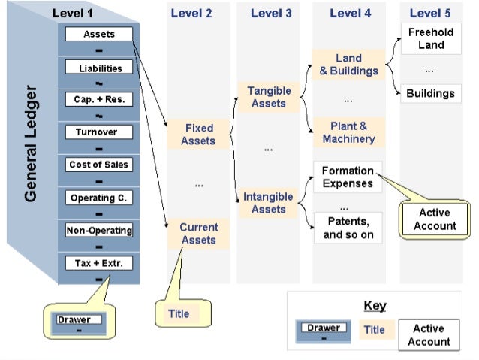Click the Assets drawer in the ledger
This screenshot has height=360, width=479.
[99, 34]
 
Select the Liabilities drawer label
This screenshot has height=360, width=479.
[100, 68]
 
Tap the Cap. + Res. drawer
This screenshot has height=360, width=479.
[100, 100]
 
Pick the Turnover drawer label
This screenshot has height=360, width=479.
[100, 132]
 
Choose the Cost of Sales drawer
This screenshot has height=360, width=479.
[100, 165]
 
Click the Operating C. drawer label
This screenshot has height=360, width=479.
[100, 198]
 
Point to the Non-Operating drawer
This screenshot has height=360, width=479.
[100, 231]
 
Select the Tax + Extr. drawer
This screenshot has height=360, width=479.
[100, 263]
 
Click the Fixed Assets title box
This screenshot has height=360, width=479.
[198, 135]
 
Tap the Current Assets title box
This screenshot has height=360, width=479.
[199, 234]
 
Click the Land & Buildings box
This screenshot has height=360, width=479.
[348, 65]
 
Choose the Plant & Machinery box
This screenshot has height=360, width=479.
[348, 132]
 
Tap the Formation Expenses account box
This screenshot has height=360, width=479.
[347, 177]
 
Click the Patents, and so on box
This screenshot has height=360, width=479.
[347, 228]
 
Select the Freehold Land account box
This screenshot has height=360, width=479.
[431, 38]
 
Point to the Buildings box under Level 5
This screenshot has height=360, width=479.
[430, 94]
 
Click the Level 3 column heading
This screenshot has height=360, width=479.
[271, 13]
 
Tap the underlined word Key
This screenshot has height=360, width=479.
[374, 306]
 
